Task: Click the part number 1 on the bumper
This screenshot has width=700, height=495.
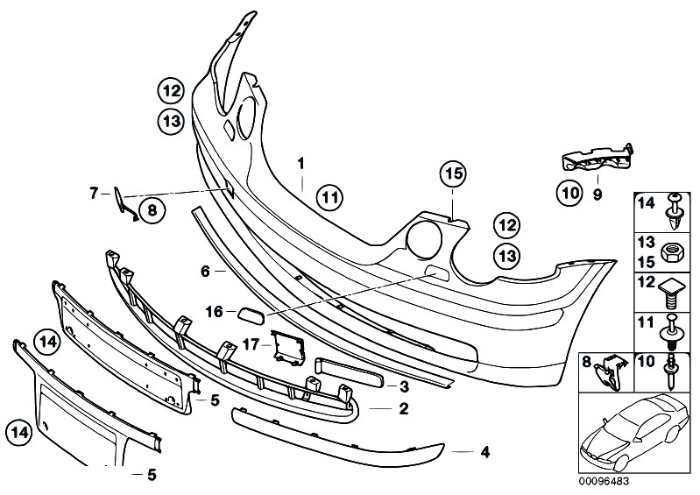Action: (300, 163)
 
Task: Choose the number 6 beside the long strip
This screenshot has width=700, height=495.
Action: (205, 272)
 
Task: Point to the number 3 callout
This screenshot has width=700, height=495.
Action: (404, 386)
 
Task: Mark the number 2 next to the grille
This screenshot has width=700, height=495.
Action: (404, 408)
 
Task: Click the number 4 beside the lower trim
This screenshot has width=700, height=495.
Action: (484, 452)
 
